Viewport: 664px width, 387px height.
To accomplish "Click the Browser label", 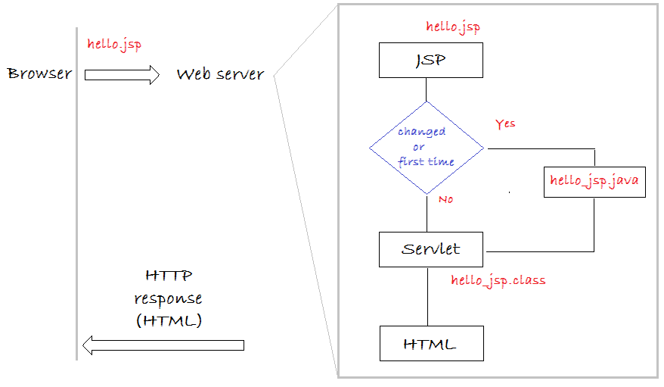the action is click(x=40, y=73).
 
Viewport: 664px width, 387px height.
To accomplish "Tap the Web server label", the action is click(x=220, y=74).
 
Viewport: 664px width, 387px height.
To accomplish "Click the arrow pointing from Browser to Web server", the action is click(x=122, y=75).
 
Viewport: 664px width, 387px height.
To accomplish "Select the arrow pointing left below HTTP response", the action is click(x=163, y=345).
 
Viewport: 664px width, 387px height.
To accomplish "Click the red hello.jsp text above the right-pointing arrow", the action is click(x=114, y=45).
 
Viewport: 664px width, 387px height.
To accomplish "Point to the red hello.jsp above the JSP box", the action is click(x=453, y=27).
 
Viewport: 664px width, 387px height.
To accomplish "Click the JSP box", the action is click(x=430, y=60).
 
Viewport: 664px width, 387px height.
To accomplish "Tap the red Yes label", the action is click(x=505, y=123).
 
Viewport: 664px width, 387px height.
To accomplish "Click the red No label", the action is click(x=446, y=199).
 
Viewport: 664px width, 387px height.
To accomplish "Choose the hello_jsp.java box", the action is click(x=594, y=182).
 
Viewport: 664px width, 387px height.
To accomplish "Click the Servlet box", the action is click(x=430, y=249).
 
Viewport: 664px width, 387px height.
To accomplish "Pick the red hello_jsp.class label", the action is click(x=498, y=281).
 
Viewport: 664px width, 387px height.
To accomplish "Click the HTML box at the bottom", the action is click(x=432, y=343).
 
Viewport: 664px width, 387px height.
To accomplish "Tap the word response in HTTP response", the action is click(x=168, y=299).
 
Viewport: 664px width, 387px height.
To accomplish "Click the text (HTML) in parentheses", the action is click(x=169, y=320).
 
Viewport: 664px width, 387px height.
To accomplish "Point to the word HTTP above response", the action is click(x=169, y=276).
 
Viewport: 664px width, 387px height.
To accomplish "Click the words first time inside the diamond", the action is click(x=426, y=161).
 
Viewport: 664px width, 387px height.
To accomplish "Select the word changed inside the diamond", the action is click(x=421, y=132).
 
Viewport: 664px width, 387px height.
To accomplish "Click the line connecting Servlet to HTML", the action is click(x=428, y=297).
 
